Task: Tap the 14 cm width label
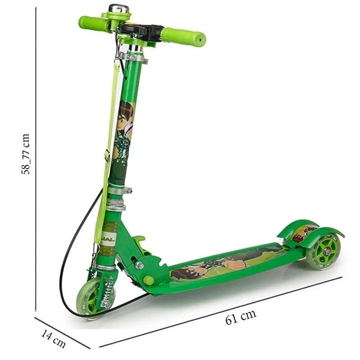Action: coord(53,338)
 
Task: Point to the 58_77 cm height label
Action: coord(26,154)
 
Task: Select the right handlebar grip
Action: coord(183,37)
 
